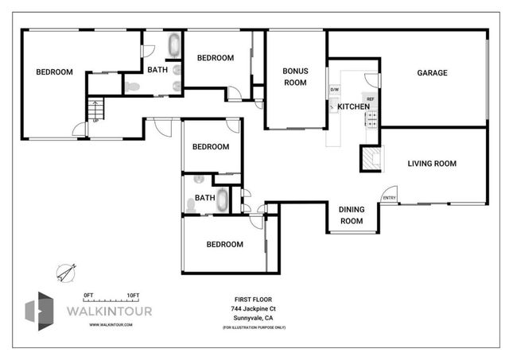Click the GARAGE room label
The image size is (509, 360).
tap(432, 73)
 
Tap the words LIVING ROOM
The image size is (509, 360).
tap(432, 164)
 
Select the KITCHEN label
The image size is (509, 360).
tap(353, 106)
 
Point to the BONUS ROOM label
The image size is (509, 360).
tap(295, 76)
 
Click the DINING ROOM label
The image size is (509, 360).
tap(352, 215)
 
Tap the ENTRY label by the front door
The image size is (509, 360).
tap(390, 198)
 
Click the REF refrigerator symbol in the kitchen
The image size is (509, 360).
tap(371, 99)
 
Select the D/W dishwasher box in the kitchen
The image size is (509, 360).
tap(334, 89)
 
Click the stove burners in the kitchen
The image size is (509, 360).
tap(371, 118)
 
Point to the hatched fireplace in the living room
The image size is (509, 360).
tap(371, 158)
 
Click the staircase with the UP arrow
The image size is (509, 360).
tap(95, 109)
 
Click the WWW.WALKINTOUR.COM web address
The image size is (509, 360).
tap(111, 324)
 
